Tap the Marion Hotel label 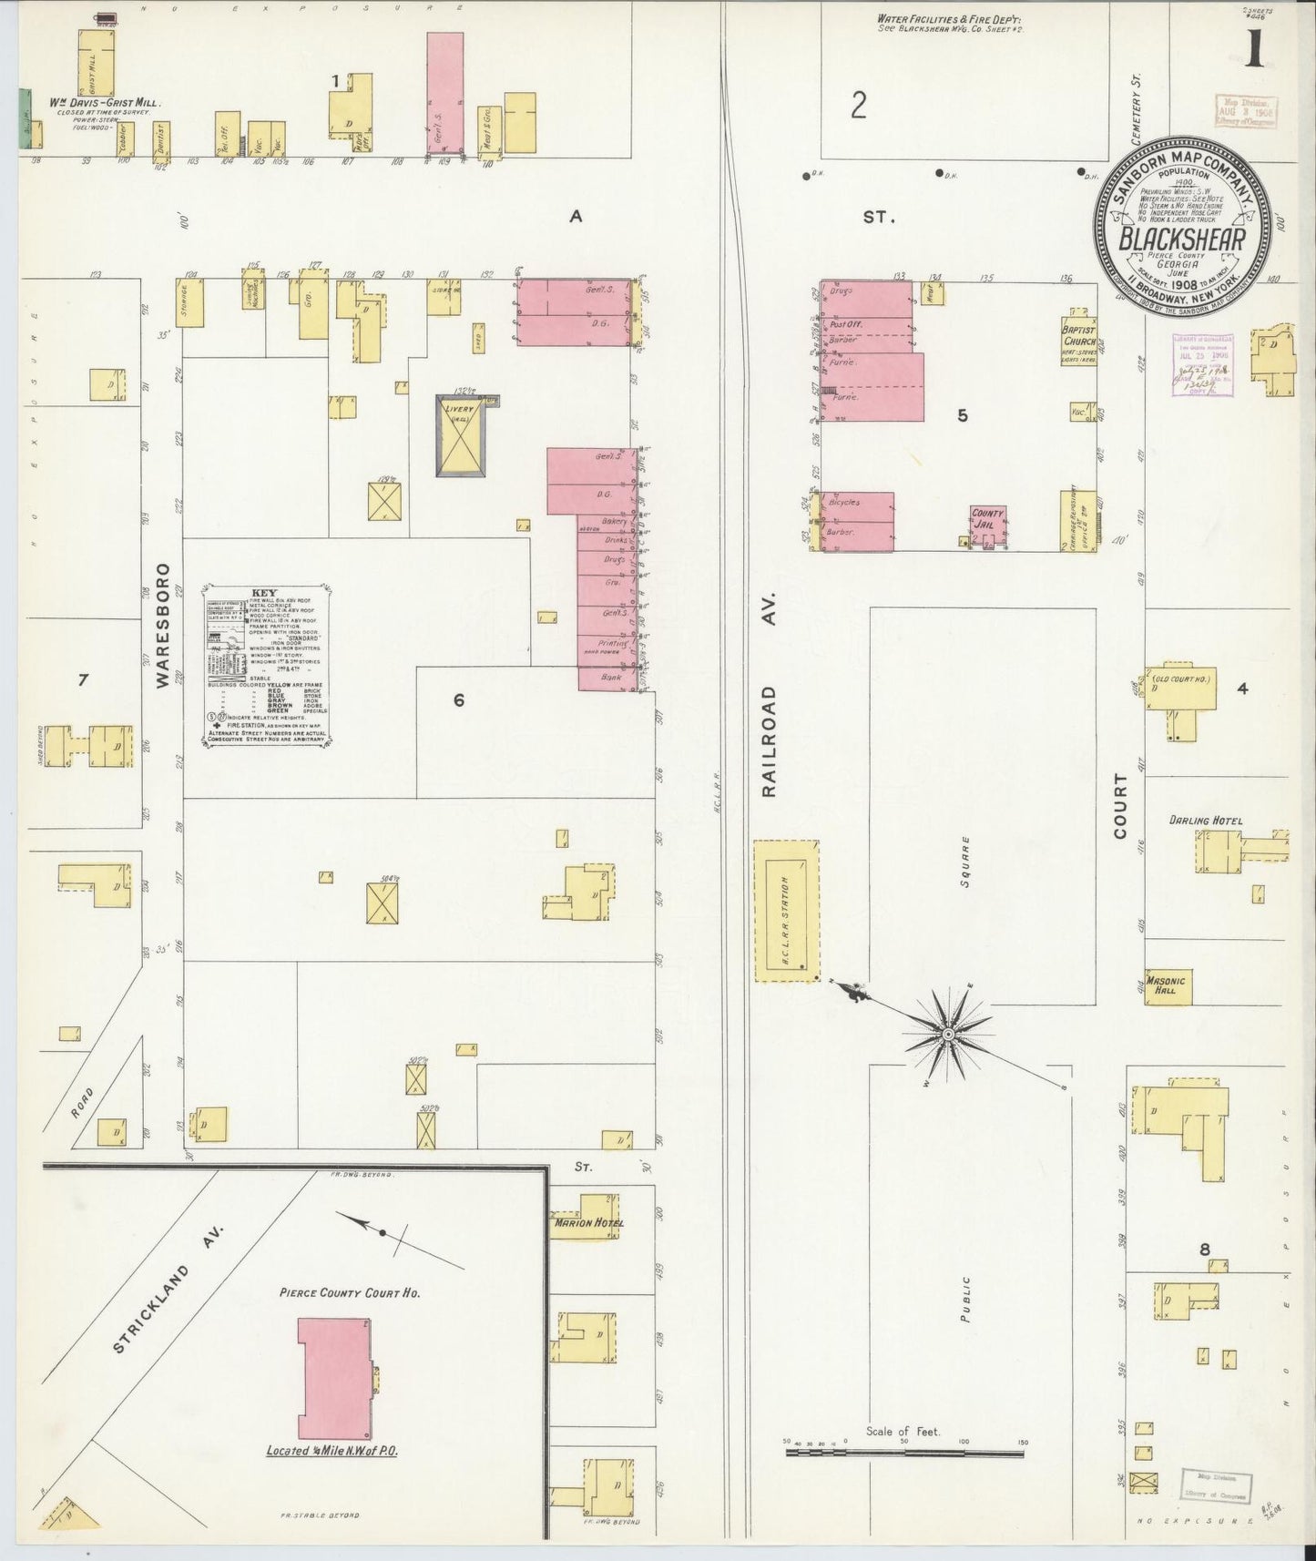[588, 1222]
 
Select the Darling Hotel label [1206, 821]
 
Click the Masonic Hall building [1167, 986]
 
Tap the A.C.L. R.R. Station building [786, 911]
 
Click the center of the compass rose [948, 1035]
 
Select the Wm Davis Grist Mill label [94, 104]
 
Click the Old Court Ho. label [1183, 678]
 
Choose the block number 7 [83, 678]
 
